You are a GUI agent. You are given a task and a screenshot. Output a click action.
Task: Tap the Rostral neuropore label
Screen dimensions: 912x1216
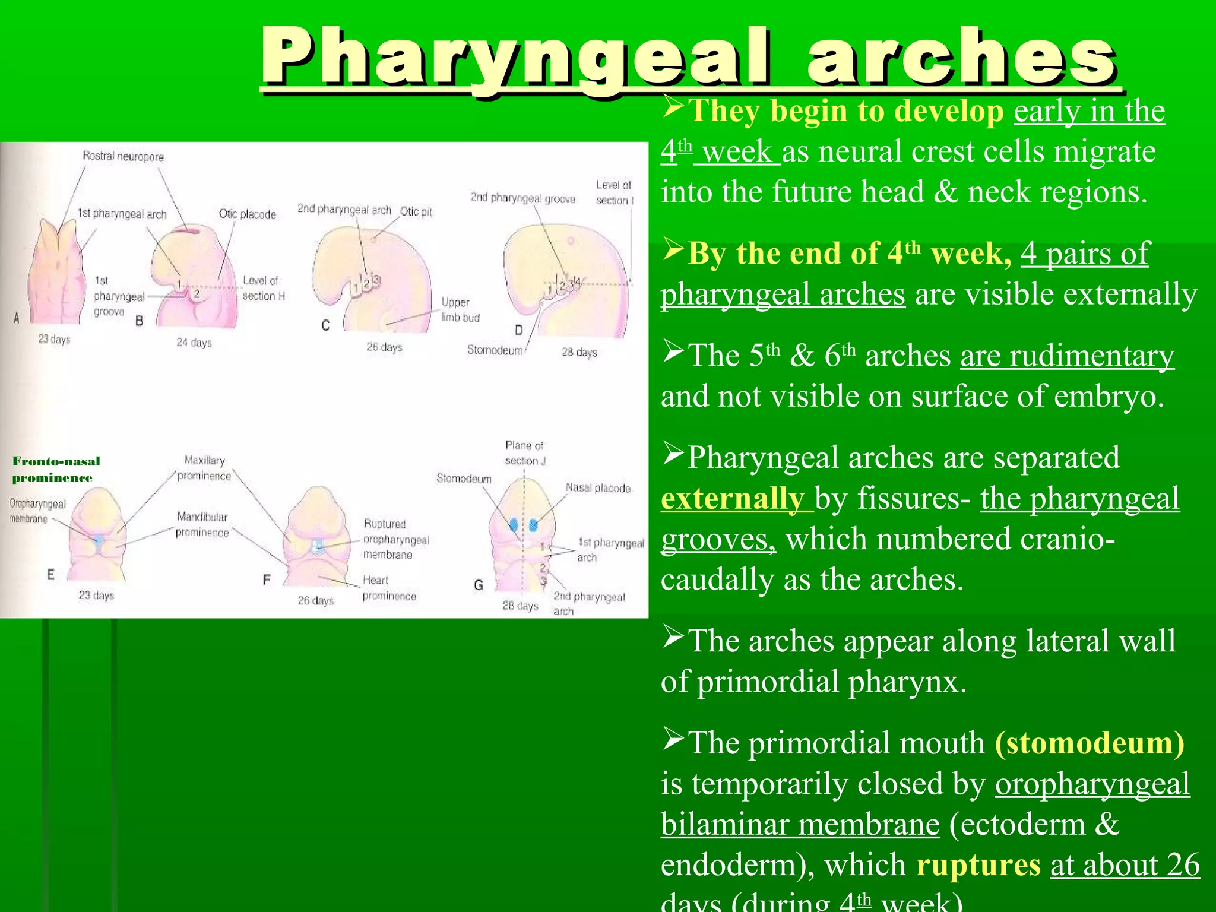pos(123,156)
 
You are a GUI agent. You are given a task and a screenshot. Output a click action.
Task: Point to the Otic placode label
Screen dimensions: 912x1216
pos(247,214)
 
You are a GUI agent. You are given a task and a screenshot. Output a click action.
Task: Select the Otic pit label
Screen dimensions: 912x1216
pos(416,211)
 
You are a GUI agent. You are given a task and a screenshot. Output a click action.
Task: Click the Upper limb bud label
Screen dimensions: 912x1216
pos(460,309)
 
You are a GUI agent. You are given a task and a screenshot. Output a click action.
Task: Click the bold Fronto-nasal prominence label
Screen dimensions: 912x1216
pos(56,469)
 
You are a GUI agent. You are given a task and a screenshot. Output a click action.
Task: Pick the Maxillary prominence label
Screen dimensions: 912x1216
pos(204,468)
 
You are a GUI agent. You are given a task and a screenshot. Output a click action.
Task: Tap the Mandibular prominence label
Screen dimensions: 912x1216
pos(202,524)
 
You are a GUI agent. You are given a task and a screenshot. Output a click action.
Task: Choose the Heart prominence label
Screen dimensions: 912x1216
pos(389,588)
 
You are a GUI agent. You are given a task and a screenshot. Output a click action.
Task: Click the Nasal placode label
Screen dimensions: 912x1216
pos(598,488)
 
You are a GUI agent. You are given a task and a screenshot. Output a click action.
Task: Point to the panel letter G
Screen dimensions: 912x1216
pos(478,585)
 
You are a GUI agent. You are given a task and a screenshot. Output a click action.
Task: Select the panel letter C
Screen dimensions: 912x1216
pos(325,325)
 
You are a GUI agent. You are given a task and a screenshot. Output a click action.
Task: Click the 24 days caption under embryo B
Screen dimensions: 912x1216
pos(194,343)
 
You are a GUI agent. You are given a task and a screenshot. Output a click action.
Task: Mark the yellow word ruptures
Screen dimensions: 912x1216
pos(978,864)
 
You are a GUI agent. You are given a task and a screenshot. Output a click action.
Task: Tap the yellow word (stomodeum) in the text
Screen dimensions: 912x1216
pos(1090,743)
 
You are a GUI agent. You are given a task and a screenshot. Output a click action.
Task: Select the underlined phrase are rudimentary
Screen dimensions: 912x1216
pos(1067,356)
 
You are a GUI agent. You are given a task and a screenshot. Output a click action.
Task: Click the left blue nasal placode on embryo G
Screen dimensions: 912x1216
pos(514,524)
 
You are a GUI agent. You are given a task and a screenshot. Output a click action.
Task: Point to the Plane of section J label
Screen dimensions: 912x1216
pos(524,453)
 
